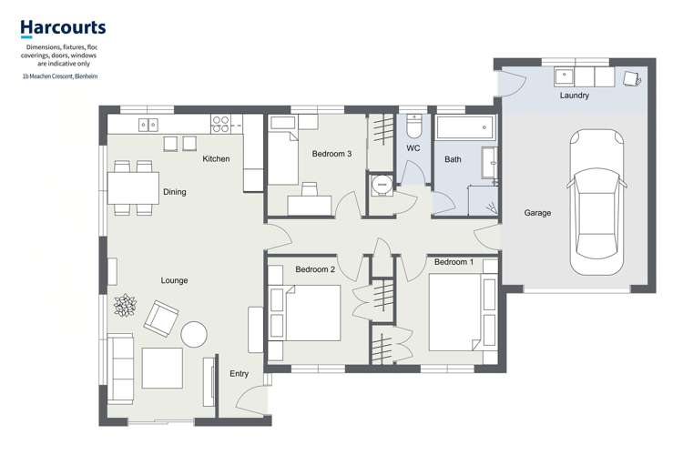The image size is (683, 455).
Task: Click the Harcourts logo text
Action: click(63, 28)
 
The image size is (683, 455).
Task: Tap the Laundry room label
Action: click(574, 96)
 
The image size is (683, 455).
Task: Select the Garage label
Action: click(537, 213)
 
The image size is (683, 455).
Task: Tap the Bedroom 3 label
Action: click(331, 154)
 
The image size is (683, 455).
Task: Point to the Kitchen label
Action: click(216, 159)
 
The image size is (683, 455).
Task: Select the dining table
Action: click(132, 187)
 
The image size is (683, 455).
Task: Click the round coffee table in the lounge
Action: click(194, 334)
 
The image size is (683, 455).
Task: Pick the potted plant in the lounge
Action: click(124, 305)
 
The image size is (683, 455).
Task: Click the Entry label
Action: click(240, 374)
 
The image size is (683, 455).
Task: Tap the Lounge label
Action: click(174, 280)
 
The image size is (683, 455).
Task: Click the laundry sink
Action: click(566, 76)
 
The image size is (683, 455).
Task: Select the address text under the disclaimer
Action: click(60, 76)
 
